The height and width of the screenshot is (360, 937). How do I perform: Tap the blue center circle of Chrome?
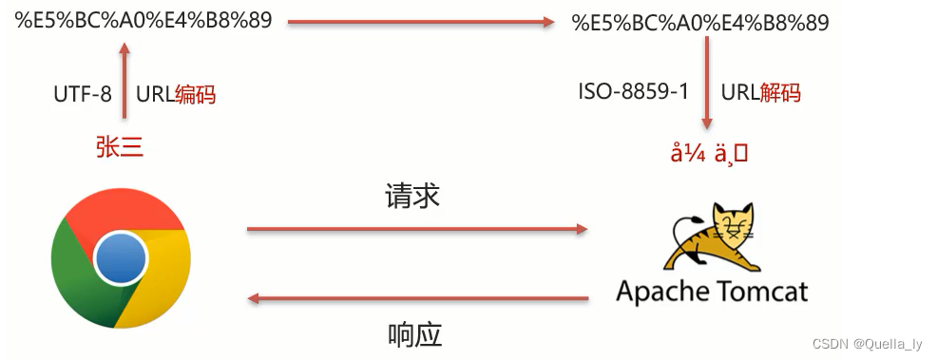tap(121, 256)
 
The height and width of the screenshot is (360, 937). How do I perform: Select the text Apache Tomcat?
tap(712, 290)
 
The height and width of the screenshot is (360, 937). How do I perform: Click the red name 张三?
tap(120, 145)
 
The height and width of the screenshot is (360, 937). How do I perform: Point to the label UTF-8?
tap(82, 94)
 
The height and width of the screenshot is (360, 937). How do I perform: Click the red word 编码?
tap(196, 94)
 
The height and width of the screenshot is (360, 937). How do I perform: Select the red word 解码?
tap(780, 92)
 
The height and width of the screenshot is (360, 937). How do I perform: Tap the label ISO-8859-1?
tap(633, 92)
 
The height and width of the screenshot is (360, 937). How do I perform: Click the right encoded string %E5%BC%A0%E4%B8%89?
tap(700, 22)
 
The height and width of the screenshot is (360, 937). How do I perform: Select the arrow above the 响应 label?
tap(417, 299)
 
